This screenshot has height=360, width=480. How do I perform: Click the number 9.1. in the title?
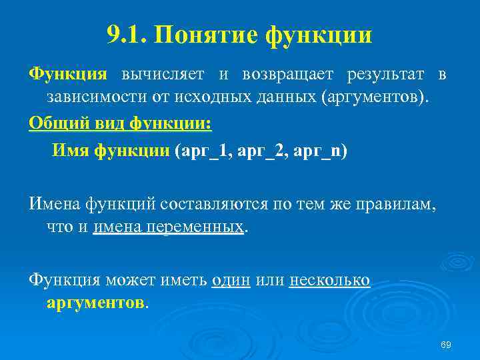point(126,35)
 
